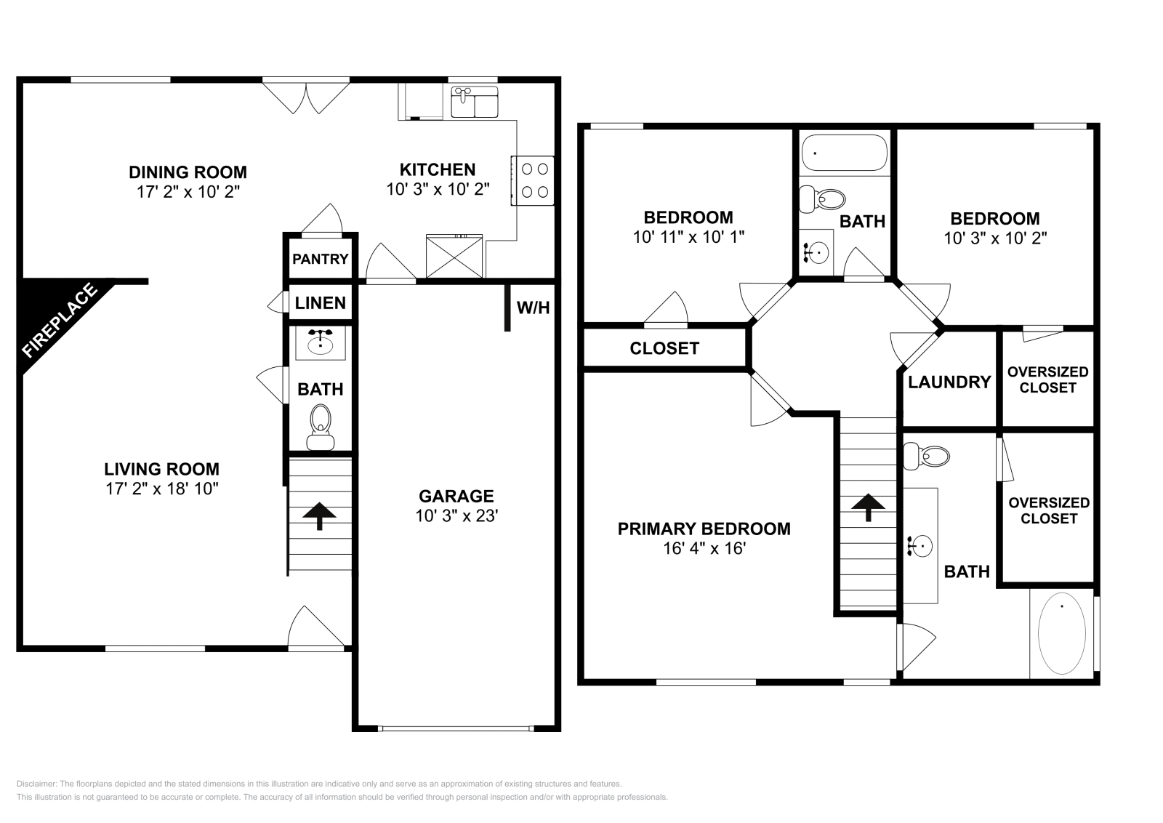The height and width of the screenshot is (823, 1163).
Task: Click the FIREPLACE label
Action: (60, 321)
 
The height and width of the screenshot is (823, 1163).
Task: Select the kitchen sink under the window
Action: (474, 102)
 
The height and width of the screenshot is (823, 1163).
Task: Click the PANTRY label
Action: (320, 259)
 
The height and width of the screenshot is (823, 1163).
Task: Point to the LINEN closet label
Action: (320, 303)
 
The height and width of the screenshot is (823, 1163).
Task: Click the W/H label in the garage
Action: (533, 308)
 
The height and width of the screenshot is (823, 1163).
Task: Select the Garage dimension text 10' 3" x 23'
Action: (456, 516)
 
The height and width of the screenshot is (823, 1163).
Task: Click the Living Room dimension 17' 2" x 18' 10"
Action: (161, 489)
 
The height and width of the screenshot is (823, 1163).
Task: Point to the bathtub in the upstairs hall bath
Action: (844, 153)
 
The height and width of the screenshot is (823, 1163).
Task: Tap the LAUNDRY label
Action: (949, 382)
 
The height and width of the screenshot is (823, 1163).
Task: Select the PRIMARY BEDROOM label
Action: (704, 529)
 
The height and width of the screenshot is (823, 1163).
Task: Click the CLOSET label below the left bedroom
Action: (664, 348)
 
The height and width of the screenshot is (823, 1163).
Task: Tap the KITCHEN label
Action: (438, 169)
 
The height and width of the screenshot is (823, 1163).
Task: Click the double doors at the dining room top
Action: (306, 96)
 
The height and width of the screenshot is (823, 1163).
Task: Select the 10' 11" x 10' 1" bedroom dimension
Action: (688, 236)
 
